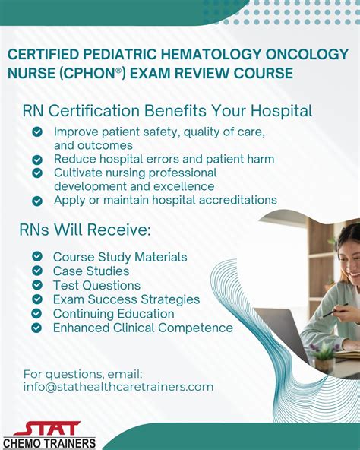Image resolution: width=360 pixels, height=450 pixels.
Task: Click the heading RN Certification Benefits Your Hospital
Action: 168,111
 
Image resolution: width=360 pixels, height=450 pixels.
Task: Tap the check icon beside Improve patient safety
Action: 37,132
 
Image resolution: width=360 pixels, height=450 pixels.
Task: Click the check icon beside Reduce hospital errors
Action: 37,160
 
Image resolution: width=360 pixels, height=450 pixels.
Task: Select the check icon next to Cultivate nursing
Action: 37,173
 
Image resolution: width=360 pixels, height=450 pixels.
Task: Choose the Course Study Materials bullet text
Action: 120,257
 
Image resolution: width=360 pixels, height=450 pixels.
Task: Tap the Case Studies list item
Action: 91,271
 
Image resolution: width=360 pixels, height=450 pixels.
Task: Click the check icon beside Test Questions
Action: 37,285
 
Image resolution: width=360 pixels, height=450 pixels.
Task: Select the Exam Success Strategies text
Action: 126,299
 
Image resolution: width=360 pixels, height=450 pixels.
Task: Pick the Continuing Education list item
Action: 113,314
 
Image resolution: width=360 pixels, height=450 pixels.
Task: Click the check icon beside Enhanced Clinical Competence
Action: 37,328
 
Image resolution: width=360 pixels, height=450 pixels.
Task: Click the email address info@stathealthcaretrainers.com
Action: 118,387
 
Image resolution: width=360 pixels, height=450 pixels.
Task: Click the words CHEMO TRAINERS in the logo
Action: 49,443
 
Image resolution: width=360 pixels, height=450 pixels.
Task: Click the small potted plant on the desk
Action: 323,351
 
